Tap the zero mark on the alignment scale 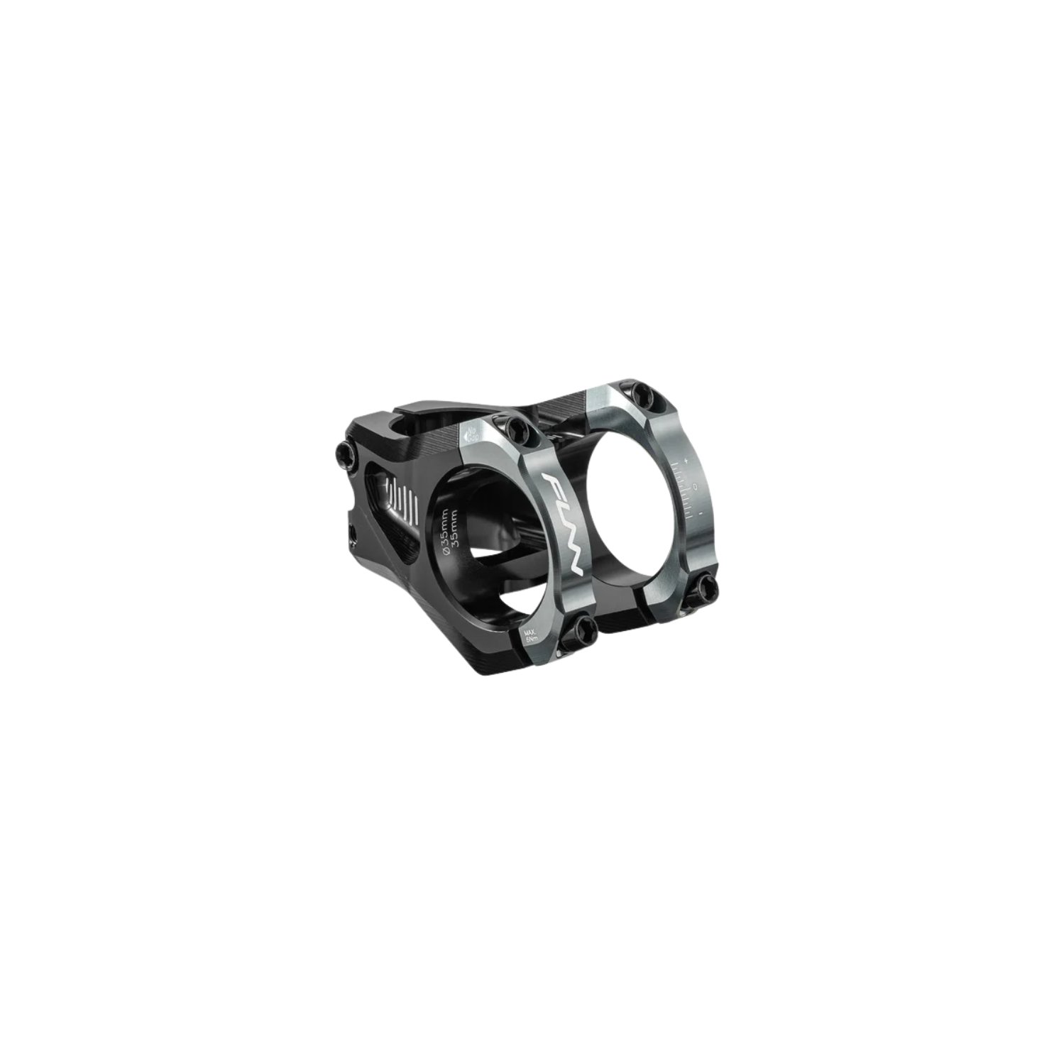696,487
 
